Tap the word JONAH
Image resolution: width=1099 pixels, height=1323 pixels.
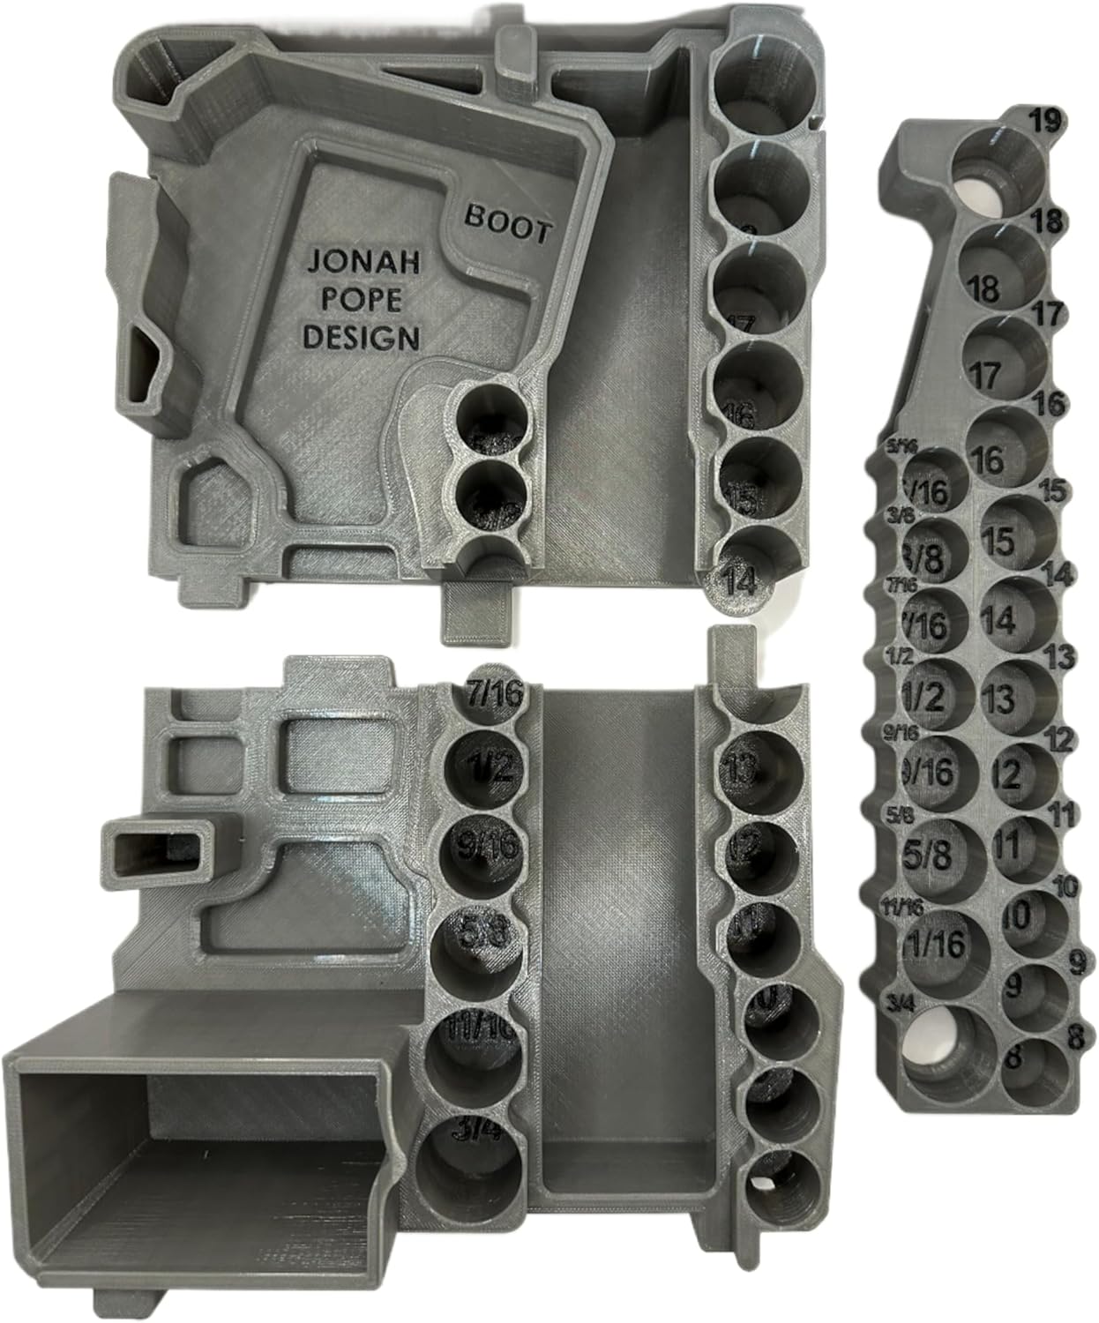(x=363, y=262)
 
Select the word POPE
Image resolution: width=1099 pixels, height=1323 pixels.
(x=363, y=300)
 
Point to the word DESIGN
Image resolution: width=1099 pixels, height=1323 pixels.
(x=363, y=336)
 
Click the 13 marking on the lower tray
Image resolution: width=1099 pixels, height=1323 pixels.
(x=750, y=769)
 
